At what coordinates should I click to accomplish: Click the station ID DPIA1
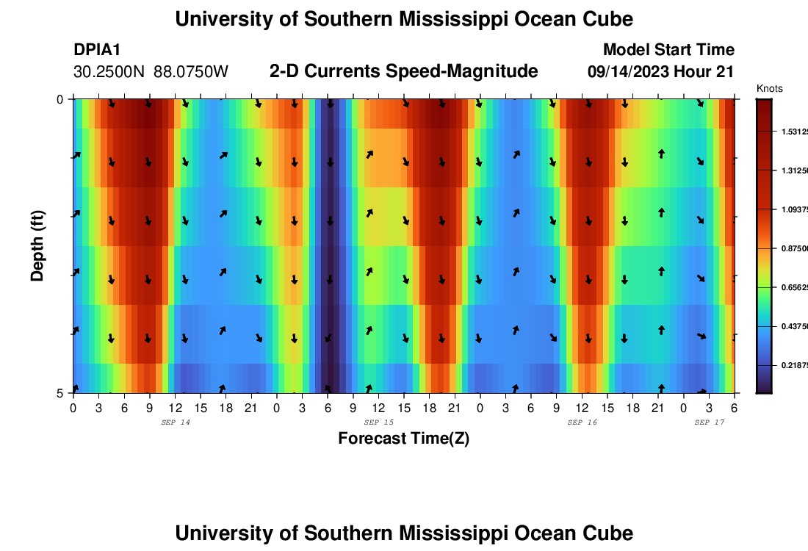click(x=97, y=50)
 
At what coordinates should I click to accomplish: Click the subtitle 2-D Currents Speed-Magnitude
click(x=403, y=71)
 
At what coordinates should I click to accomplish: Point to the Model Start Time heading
click(x=668, y=50)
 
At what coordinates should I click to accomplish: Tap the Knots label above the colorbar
click(x=769, y=89)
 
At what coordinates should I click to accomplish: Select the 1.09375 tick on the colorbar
click(x=794, y=209)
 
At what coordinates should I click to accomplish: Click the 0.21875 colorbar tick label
click(x=794, y=365)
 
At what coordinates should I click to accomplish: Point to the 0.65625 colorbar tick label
click(x=794, y=287)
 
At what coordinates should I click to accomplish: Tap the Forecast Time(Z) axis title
click(x=403, y=439)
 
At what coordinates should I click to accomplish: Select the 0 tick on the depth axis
click(x=61, y=98)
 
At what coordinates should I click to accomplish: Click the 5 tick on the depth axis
click(x=61, y=393)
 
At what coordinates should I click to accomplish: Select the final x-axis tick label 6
click(x=734, y=408)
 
